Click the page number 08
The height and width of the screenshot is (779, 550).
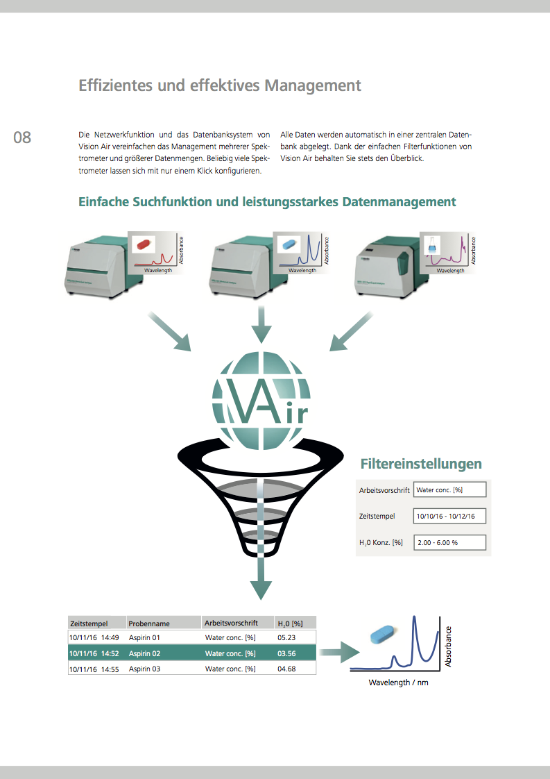22,137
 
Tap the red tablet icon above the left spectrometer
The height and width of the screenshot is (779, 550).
143,244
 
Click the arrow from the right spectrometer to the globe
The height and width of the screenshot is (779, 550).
354,330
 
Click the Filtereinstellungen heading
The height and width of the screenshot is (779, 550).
421,464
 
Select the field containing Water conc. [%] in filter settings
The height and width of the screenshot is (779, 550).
449,490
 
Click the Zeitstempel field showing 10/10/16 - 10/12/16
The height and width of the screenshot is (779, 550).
449,517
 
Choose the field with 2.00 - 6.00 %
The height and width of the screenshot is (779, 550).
449,543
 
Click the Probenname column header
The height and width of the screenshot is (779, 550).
149,623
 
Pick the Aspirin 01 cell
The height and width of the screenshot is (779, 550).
145,637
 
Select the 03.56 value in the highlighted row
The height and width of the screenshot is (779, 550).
286,653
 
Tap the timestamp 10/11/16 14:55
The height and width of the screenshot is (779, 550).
94,669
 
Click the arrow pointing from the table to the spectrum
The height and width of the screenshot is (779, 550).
341,653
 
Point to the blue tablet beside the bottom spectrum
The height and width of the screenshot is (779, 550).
384,634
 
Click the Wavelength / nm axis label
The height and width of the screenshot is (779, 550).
399,682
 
